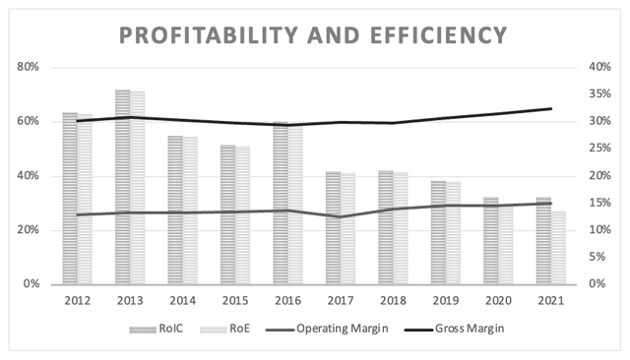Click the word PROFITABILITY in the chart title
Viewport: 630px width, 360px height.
(209, 34)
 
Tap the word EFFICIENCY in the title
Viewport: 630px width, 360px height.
(438, 34)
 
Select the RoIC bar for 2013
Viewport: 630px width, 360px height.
(122, 187)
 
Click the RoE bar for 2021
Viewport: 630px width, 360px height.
(558, 248)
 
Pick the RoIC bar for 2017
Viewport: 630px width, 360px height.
(333, 228)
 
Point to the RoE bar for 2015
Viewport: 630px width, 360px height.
(243, 215)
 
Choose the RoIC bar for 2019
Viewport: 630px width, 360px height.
(438, 233)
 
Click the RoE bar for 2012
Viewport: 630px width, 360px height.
(85, 200)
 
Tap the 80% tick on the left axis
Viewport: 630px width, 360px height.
(29, 67)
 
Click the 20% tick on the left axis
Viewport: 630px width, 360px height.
(29, 230)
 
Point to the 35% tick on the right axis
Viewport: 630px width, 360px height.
(599, 93)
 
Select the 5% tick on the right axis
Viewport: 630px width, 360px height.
(598, 257)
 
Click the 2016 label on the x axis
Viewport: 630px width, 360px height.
(288, 301)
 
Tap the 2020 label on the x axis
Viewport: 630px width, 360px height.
(499, 301)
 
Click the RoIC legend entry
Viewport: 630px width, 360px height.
(156, 329)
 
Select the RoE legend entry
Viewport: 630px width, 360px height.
(225, 329)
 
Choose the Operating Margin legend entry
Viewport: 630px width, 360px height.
(327, 329)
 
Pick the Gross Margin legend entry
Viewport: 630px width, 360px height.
(454, 329)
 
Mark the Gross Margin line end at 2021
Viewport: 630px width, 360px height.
(551, 108)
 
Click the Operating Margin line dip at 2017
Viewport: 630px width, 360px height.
(341, 216)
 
